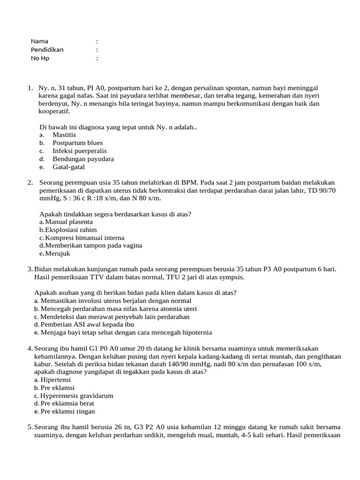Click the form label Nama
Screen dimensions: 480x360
pyautogui.click(x=39, y=41)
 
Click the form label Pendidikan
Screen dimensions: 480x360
pyautogui.click(x=47, y=50)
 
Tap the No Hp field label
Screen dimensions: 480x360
pyautogui.click(x=40, y=58)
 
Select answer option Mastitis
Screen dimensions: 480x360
pyautogui.click(x=64, y=135)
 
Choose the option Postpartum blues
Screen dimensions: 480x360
pyautogui.click(x=77, y=143)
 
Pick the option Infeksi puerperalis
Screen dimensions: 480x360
pyautogui.click(x=79, y=151)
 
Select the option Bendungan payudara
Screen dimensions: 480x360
pyautogui.click(x=83, y=159)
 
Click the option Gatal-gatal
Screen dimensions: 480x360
pyautogui.click(x=68, y=167)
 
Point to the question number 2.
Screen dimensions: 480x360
pyautogui.click(x=30, y=182)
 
